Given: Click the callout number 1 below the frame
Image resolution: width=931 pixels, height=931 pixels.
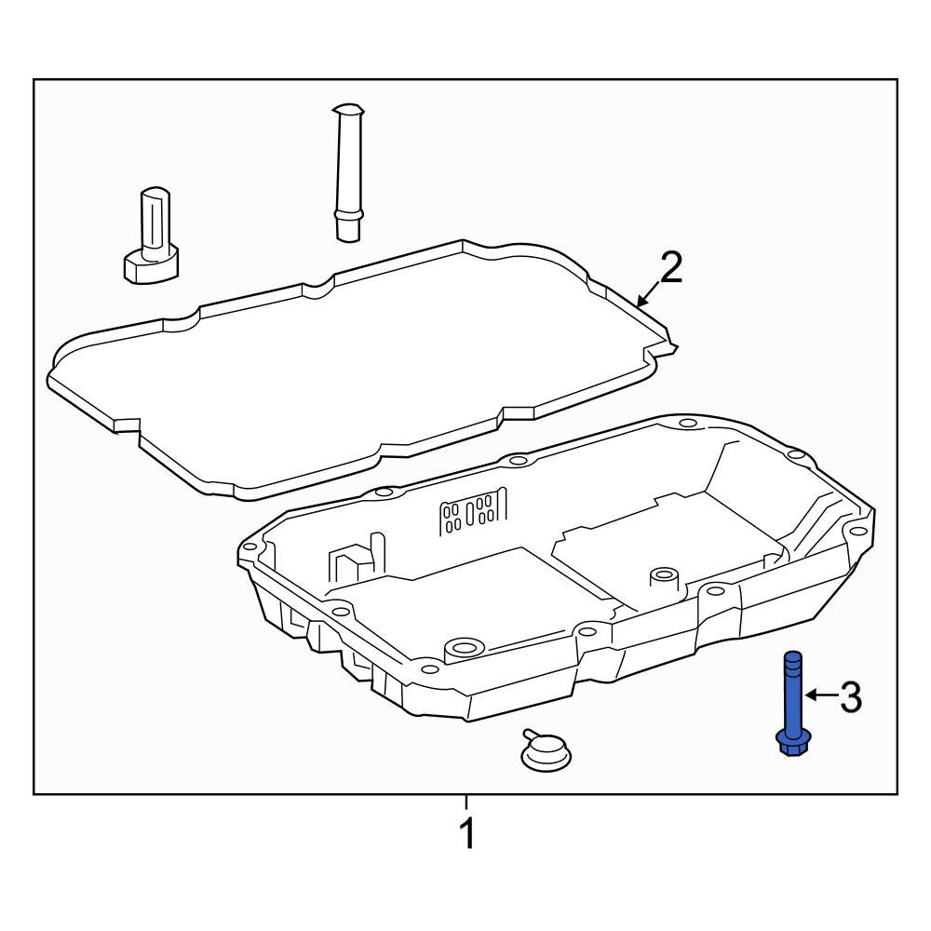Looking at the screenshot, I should pos(467,832).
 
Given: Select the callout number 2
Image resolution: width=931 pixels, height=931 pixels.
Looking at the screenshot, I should pos(670,268).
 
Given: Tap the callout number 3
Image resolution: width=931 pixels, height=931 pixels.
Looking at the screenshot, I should pos(850,696).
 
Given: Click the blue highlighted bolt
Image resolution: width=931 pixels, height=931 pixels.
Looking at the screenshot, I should pos(791,703).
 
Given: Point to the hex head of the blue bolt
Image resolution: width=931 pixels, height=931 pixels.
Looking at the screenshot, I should pos(791,743).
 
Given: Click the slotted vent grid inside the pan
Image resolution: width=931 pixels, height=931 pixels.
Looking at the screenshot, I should pos(473,512).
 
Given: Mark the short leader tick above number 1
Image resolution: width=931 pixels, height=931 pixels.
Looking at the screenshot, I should pos(466,802).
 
